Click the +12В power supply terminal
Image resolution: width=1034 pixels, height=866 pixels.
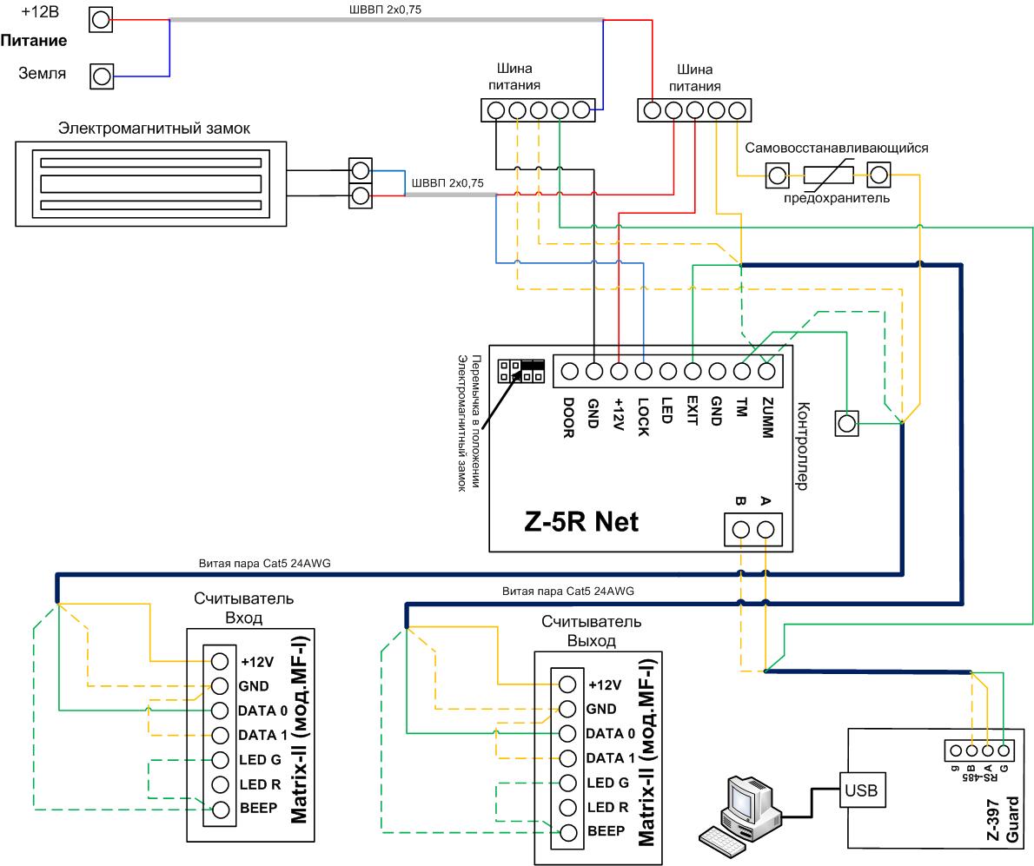coord(101,21)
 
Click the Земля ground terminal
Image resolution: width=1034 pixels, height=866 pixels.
coord(102,76)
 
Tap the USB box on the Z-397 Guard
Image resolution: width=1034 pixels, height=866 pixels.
coord(860,790)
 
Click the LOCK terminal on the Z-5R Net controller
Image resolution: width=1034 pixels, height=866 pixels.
coord(643,372)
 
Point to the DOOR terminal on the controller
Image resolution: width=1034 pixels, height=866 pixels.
coord(570,372)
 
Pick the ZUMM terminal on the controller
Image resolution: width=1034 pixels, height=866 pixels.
coord(766,372)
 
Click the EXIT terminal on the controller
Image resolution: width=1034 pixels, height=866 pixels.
coord(693,372)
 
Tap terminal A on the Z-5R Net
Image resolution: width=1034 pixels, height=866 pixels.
coord(765,529)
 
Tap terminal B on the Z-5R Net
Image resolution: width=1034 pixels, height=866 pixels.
coord(741,529)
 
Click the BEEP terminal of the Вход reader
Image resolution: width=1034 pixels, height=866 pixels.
coord(220,809)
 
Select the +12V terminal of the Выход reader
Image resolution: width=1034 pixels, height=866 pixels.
coord(567,684)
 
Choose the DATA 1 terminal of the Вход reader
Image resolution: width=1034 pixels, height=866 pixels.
coord(220,735)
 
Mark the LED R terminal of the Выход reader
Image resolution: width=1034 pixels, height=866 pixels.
coord(567,807)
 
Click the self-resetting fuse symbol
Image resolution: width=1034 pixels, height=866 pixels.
coord(828,175)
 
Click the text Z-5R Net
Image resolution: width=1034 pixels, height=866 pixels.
coord(581,521)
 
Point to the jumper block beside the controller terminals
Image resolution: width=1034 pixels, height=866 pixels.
coord(521,371)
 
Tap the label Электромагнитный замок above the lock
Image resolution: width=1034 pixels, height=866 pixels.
coord(154,128)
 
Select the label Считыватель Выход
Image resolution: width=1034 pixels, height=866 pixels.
coord(592,631)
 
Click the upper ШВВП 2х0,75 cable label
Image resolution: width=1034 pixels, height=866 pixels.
coord(385,10)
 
